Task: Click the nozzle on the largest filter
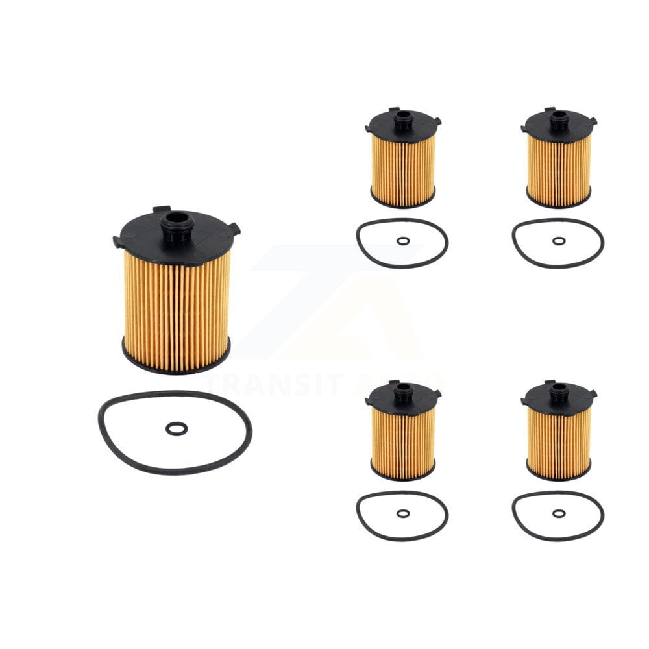[177, 223]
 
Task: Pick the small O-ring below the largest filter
[176, 428]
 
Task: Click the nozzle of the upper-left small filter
[402, 119]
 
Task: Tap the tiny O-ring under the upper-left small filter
[403, 241]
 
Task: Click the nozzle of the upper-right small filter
[558, 119]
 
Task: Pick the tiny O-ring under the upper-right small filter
[559, 241]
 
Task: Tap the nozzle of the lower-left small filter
[402, 391]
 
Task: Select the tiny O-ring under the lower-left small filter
[403, 513]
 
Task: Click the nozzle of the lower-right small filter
[558, 391]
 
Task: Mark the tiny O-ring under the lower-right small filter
[559, 513]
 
